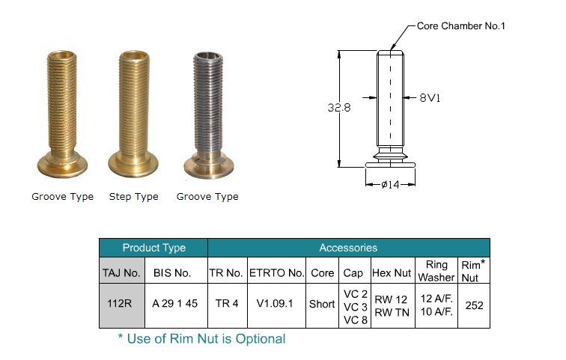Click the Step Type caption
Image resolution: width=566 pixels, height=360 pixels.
pyautogui.click(x=134, y=197)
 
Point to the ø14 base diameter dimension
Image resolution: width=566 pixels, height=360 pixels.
pyautogui.click(x=390, y=184)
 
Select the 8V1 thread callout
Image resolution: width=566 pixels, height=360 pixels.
pyautogui.click(x=429, y=97)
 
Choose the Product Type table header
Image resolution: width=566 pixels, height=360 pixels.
pyautogui.click(x=153, y=248)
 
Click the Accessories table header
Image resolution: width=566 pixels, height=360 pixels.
pyautogui.click(x=348, y=248)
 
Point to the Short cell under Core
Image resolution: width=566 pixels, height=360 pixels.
pyautogui.click(x=322, y=305)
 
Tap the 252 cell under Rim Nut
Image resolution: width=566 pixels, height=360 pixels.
pyautogui.click(x=474, y=305)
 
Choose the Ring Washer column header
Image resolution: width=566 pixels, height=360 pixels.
pyautogui.click(x=436, y=270)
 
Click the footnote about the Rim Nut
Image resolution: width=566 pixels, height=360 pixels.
pyautogui.click(x=201, y=339)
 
